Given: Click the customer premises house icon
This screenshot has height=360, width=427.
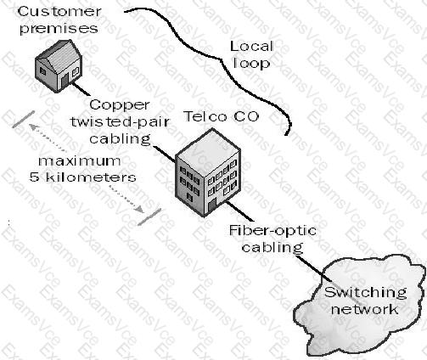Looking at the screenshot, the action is coord(59,66).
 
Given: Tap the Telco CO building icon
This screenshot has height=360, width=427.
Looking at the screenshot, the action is coord(208,172).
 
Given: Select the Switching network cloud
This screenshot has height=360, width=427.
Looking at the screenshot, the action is coord(359,305).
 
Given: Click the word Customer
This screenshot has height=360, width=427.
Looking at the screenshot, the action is coord(59,12).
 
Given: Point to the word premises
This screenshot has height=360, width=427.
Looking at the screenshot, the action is coord(59,29).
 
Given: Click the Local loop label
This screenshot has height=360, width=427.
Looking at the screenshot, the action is coord(251,54).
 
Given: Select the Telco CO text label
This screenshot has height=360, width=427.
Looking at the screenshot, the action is coord(222,116).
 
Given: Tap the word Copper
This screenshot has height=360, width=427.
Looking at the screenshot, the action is coord(120,105).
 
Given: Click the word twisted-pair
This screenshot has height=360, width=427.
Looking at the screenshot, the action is coord(120,121).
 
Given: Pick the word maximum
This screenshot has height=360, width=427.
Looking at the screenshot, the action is coord(80,161).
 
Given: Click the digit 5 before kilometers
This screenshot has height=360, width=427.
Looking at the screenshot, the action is coord(34,177).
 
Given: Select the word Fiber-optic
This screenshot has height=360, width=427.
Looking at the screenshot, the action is coord(272,231).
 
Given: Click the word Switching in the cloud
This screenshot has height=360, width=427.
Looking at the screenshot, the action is coord(366,292).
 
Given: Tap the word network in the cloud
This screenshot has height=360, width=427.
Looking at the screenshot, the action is coord(364,309).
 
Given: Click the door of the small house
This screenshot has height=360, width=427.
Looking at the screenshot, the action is coord(65,80).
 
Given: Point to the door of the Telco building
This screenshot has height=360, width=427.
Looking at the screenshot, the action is coord(212,205).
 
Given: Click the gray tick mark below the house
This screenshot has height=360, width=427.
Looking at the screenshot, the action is coord(23,119).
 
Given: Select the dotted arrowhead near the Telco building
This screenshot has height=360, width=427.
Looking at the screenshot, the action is coord(140,209).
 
